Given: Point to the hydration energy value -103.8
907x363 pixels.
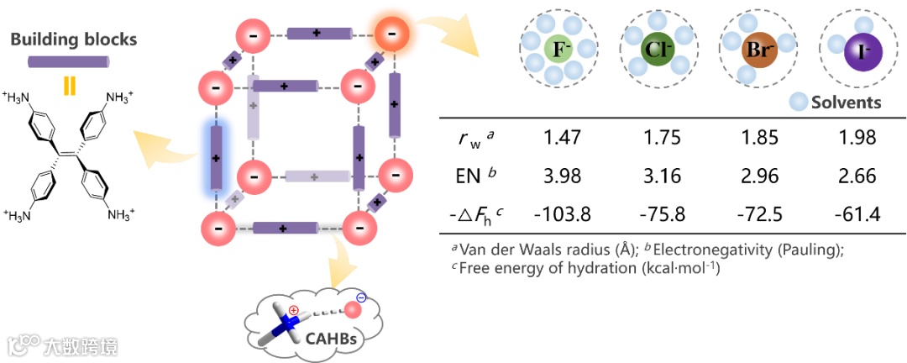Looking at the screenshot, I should (564, 214).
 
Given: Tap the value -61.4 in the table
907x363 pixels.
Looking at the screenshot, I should (857, 214).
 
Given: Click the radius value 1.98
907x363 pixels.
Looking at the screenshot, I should (857, 138).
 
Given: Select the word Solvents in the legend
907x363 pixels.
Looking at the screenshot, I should (847, 103).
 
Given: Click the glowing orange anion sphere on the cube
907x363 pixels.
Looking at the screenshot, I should (392, 36).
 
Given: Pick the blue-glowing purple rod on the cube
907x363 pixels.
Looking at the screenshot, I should (216, 157).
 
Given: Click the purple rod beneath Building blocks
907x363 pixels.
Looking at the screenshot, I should (70, 61).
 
